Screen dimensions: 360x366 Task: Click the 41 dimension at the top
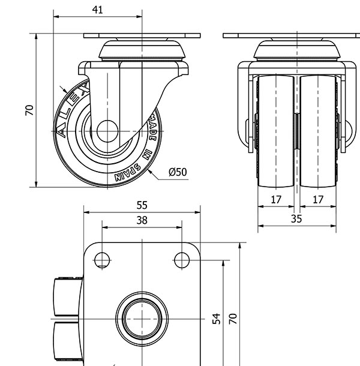coord(97,10)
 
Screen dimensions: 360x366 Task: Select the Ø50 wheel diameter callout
coord(178,172)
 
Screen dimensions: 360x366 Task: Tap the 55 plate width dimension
coord(142,205)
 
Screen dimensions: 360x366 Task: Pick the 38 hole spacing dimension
coord(142,220)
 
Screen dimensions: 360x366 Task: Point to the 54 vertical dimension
coord(217,319)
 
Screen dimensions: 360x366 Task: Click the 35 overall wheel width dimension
coord(296,219)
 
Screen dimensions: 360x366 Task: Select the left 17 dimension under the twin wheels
coord(276,200)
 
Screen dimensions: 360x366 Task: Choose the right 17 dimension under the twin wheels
coord(318,200)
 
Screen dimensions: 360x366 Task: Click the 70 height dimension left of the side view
coord(29,110)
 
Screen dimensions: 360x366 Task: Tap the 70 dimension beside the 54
coord(233,319)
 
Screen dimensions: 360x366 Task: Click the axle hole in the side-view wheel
coord(107,131)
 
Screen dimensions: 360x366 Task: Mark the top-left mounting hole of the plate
coord(102,260)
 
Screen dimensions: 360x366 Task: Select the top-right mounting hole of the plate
coord(182,260)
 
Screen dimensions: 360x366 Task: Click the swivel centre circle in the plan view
coord(142,319)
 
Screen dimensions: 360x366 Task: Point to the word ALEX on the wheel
coord(73,108)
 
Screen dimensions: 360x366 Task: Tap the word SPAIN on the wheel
coord(128,173)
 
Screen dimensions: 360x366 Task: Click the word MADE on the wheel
coord(152,128)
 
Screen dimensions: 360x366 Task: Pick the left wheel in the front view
coord(276,131)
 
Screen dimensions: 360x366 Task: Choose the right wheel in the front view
coord(318,131)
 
